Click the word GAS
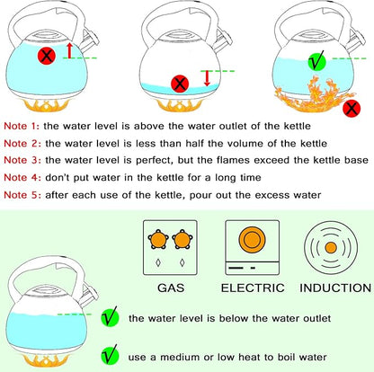[x=172, y=288]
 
